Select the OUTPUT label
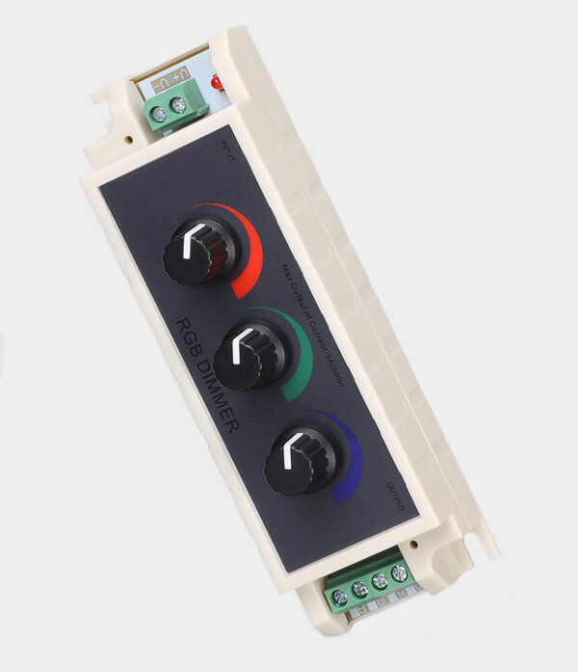click(396, 494)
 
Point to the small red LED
click(215, 84)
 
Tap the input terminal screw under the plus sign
click(178, 106)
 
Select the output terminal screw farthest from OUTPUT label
click(339, 597)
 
